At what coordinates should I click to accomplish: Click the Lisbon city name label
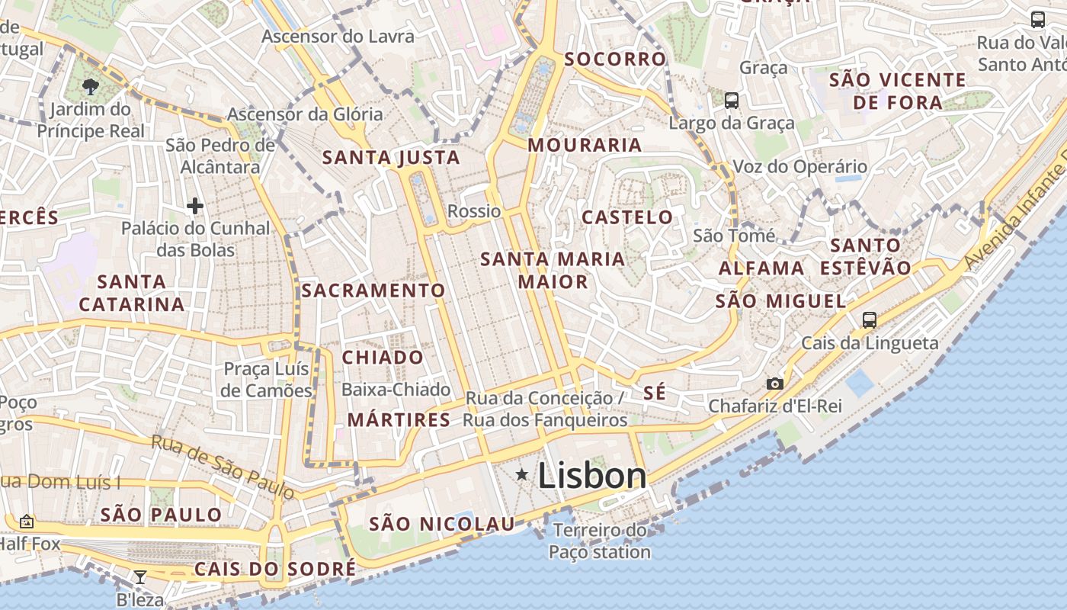pos(592,476)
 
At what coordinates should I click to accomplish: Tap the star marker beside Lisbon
pos(522,475)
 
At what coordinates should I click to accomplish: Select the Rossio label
pos(474,211)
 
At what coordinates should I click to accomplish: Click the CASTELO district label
pos(628,217)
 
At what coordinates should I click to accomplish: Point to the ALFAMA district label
pos(761,268)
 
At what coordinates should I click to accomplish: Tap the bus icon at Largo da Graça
pos(732,100)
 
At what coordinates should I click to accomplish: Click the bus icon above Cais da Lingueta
pos(870,320)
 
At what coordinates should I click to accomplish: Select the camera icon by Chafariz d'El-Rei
pos(775,384)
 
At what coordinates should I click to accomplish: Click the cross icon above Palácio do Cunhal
pos(195,206)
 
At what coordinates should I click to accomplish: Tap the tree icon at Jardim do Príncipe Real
pos(91,86)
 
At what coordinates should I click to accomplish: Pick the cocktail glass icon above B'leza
pos(140,577)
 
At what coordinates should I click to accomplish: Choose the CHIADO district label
pos(383,358)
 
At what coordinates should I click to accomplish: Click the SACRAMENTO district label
pos(373,291)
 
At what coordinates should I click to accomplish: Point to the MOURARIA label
pos(585,145)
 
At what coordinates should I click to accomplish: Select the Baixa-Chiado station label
pos(396,390)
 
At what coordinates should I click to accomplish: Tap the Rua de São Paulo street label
pos(223,467)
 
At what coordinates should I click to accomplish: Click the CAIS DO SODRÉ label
pos(275,569)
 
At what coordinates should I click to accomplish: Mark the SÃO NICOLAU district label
pos(442,524)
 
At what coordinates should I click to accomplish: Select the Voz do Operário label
pos(799,166)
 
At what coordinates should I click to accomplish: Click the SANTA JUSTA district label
pos(391,158)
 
